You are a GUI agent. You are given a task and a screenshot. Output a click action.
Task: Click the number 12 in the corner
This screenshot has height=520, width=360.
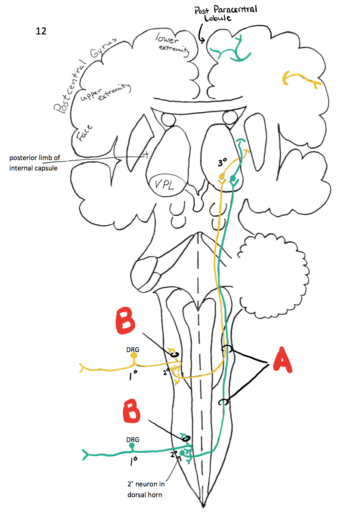(41, 31)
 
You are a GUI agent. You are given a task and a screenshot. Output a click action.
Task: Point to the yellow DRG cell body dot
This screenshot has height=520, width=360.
(134, 356)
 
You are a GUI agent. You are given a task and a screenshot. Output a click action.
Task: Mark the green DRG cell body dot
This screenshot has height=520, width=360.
(132, 446)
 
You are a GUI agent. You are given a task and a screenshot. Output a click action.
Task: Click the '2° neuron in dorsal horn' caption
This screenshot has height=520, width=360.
(145, 490)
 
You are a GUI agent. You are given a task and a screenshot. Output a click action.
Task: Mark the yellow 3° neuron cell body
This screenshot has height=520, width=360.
(222, 176)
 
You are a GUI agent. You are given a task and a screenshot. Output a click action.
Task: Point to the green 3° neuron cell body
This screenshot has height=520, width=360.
(233, 178)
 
